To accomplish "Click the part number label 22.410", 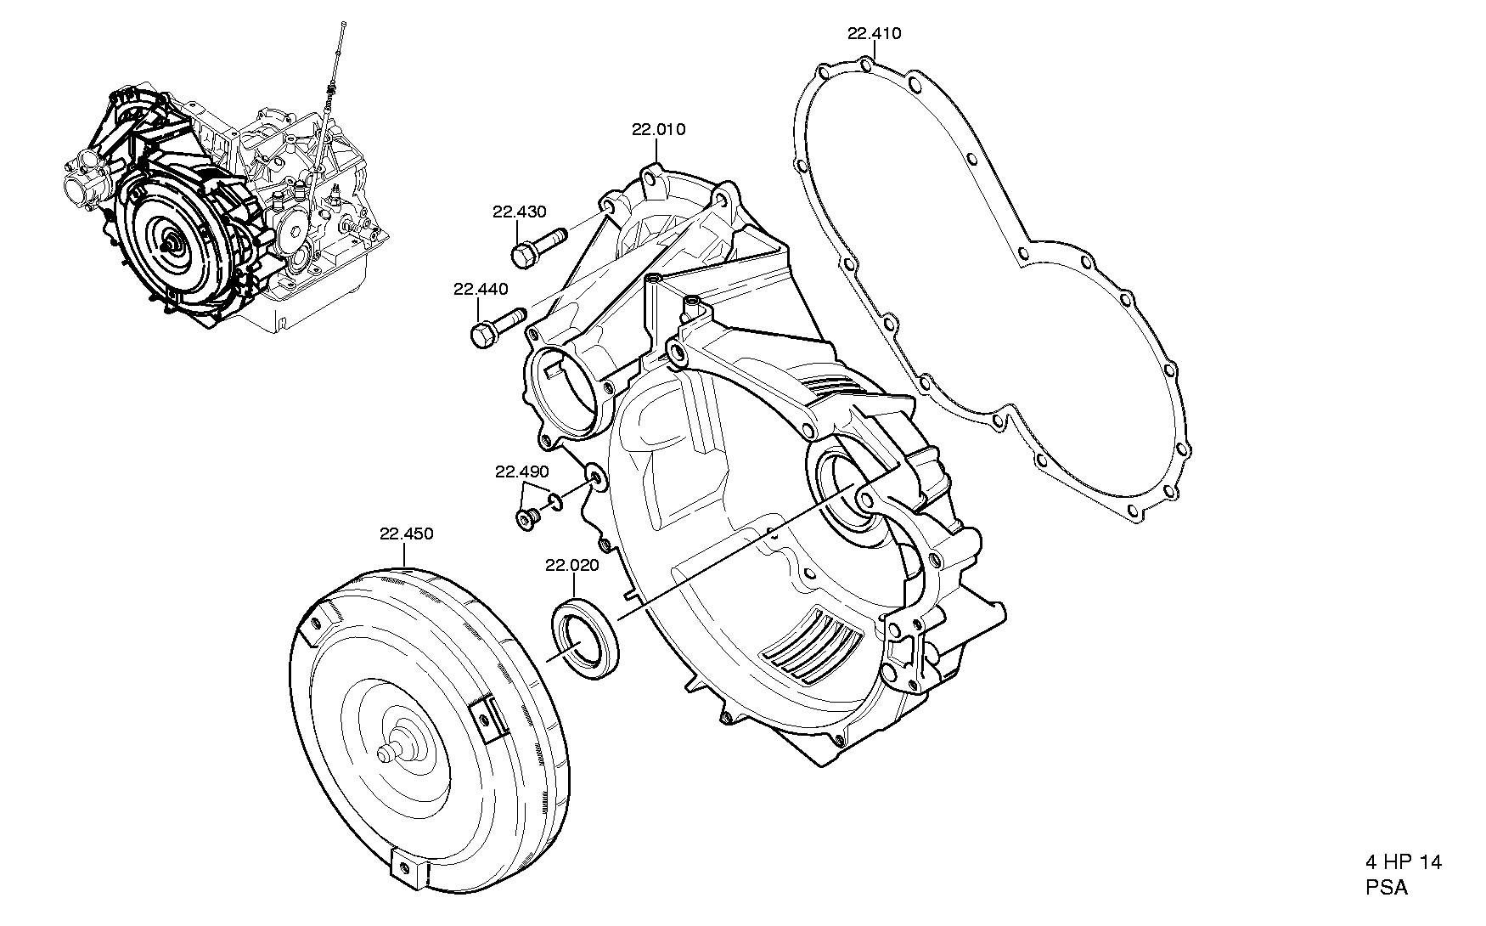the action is (874, 34).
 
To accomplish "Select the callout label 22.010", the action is (658, 129).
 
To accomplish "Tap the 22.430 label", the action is (519, 212).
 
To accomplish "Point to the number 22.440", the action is (481, 289).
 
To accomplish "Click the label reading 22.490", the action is (522, 471).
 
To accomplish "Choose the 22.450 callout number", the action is (406, 534).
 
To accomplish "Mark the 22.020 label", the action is (572, 564).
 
